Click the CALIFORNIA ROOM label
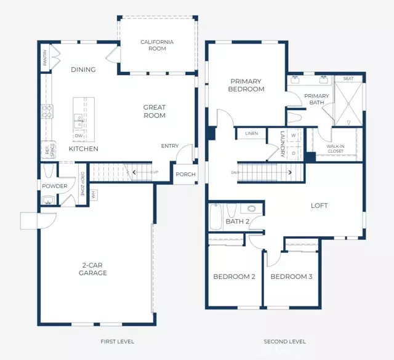coord(157,46)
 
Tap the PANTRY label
coord(45,58)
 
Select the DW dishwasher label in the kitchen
coord(79,136)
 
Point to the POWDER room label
coord(55,186)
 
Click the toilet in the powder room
coord(48,199)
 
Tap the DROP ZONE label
coord(81,182)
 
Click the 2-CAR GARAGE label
coord(94,269)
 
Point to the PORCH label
coord(185,174)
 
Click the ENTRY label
coord(170,146)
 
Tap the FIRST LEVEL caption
coord(117,341)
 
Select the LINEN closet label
coord(251,134)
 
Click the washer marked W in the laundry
coord(293,135)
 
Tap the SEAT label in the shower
coord(348,78)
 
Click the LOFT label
coord(320,206)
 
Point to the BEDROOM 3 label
coord(291,277)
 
